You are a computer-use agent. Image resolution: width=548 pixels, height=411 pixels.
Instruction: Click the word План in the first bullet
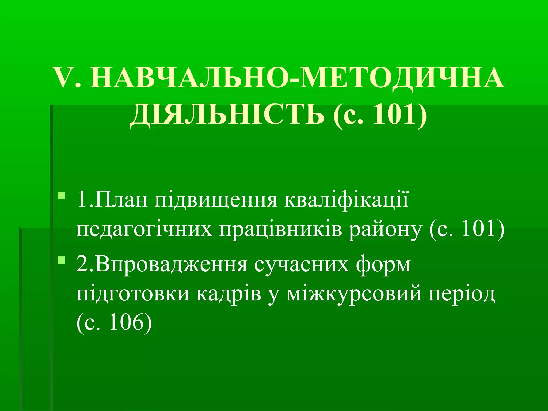coord(120,200)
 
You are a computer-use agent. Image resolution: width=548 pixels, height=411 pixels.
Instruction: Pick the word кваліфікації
coord(347,200)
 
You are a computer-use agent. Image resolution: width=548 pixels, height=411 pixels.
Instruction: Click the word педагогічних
coord(144,230)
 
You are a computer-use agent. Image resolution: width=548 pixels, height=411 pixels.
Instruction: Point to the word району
coord(385,230)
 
